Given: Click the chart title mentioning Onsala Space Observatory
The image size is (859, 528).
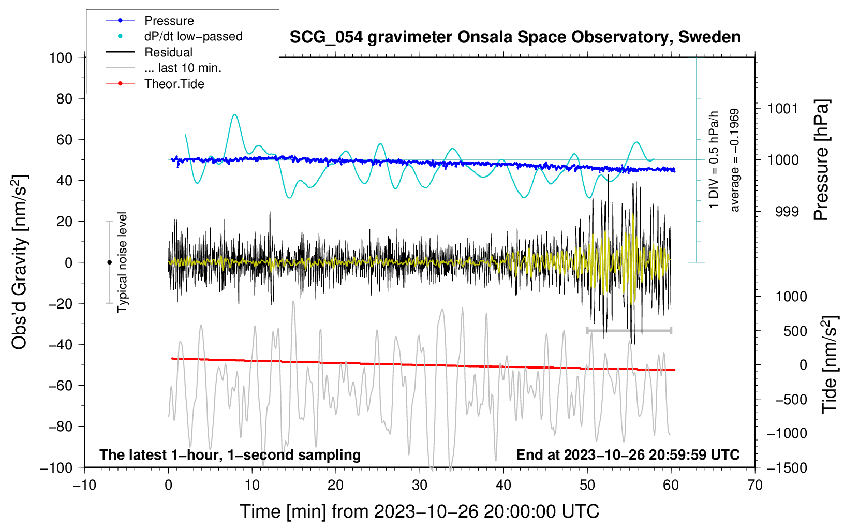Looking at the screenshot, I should coord(515,37).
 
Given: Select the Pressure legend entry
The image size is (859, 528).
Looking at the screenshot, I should coord(169,21).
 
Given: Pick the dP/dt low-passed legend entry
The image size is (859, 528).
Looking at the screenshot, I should coord(193,36).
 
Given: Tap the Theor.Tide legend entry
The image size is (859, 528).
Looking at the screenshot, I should coord(174,84).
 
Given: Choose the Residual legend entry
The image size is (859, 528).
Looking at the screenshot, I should coord(168,52).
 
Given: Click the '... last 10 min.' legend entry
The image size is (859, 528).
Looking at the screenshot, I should coord(183,68).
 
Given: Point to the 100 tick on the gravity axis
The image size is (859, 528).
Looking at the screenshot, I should coord(61,57).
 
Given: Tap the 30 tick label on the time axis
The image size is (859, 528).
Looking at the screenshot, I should coord(420,486).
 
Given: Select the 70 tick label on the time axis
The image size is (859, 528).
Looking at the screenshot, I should coord(755,486).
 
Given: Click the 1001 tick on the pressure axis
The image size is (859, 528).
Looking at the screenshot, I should coord(782,109).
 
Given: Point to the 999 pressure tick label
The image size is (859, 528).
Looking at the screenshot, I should coord(787,212).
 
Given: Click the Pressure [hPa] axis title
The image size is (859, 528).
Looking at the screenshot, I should coord(821,160).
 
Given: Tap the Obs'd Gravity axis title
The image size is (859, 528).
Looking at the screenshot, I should coord(19,262).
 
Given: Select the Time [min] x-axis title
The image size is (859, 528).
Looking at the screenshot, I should coord(420,511).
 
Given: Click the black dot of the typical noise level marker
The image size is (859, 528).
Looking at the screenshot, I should coord(109,262).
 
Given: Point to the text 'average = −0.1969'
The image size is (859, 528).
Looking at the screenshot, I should coord(734,160).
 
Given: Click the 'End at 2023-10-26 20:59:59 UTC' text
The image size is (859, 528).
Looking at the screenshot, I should coord(628,454).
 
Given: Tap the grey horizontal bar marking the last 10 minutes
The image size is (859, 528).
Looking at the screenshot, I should coord(629,330).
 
